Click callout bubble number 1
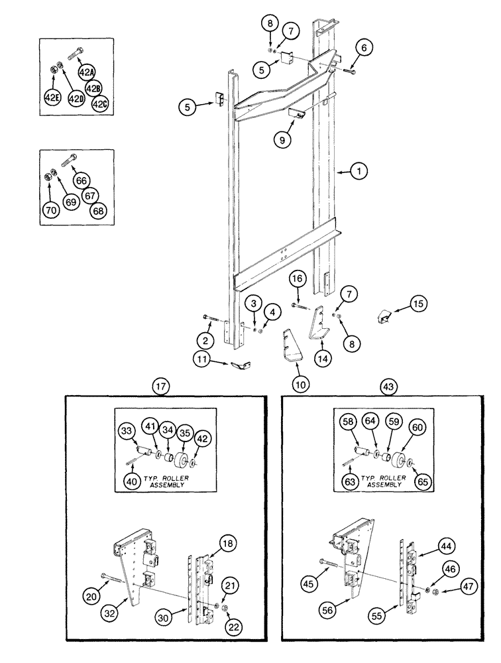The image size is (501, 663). coord(359,172)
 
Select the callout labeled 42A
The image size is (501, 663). coord(86,72)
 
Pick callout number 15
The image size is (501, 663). coord(417,305)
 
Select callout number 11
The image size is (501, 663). coord(202,360)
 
